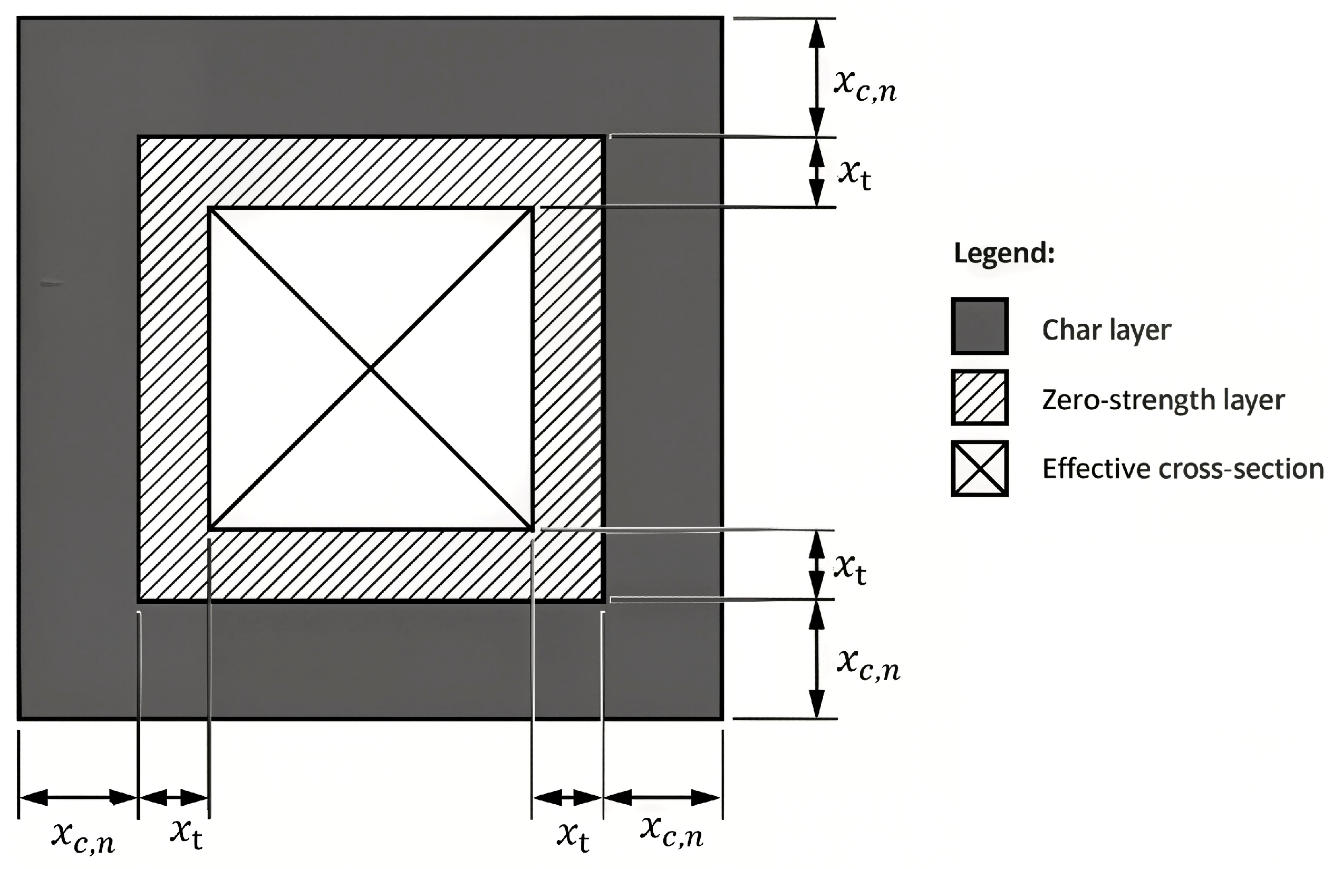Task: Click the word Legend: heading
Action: click(x=1004, y=254)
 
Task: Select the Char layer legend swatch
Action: click(x=980, y=326)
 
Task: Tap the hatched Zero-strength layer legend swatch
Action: click(x=980, y=397)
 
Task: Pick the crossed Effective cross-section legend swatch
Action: click(x=980, y=469)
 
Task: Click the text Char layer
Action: click(x=1106, y=330)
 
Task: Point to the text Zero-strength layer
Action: click(x=1163, y=400)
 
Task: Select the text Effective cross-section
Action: click(x=1183, y=469)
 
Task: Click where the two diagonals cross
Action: click(x=371, y=369)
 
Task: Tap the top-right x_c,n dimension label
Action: click(x=865, y=87)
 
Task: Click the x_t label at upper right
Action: click(x=855, y=175)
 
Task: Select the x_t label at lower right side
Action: click(x=850, y=569)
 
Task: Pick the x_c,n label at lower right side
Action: click(x=868, y=667)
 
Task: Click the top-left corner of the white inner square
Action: click(x=209, y=208)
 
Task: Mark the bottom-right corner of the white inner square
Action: click(x=532, y=528)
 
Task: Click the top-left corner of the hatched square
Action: click(x=139, y=137)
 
